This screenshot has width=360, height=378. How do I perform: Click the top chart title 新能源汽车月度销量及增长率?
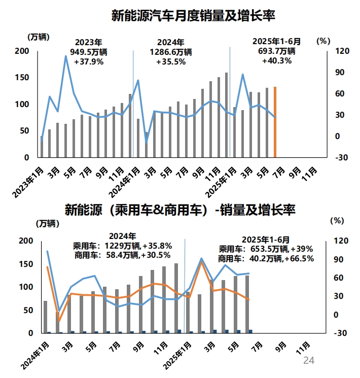click(x=193, y=15)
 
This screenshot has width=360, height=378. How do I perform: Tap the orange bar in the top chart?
click(x=275, y=122)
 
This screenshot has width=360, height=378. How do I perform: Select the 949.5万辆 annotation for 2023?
click(x=89, y=52)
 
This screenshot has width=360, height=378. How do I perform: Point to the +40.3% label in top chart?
click(x=276, y=61)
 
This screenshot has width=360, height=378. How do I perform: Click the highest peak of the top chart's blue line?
click(x=66, y=56)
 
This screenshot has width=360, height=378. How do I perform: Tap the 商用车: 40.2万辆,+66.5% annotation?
click(x=266, y=258)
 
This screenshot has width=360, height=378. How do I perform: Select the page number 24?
click(x=309, y=361)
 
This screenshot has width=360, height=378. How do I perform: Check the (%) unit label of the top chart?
click(x=323, y=41)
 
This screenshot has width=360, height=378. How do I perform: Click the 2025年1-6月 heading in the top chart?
click(x=277, y=41)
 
